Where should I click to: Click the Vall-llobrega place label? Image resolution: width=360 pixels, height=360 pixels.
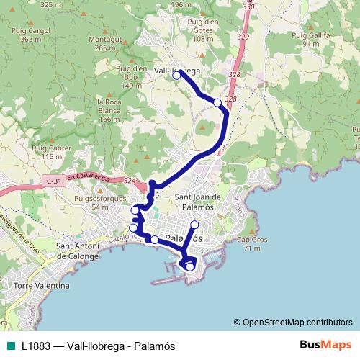tap(178, 71)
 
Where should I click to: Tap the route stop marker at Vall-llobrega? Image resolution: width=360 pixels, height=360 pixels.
tap(176, 75)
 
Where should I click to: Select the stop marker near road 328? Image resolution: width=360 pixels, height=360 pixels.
tap(217, 103)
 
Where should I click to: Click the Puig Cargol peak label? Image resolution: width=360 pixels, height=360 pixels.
tap(31, 35)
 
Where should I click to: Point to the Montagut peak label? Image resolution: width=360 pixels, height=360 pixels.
tap(104, 43)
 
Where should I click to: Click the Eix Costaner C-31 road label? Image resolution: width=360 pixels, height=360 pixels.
tap(90, 178)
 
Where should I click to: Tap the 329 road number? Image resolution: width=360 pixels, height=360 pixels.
tap(243, 37)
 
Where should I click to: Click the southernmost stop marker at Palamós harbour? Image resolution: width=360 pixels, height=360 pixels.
tap(190, 267)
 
